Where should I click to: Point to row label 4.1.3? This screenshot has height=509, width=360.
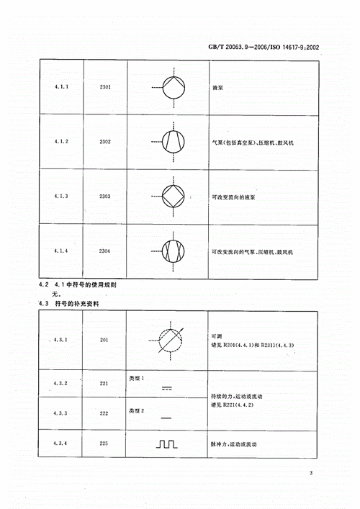click(x=60, y=196)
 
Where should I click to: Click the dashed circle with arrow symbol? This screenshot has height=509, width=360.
click(x=169, y=341)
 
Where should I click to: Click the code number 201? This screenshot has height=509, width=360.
click(x=104, y=341)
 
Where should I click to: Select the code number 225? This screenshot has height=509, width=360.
click(x=104, y=444)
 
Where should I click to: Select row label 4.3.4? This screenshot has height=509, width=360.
click(x=60, y=444)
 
